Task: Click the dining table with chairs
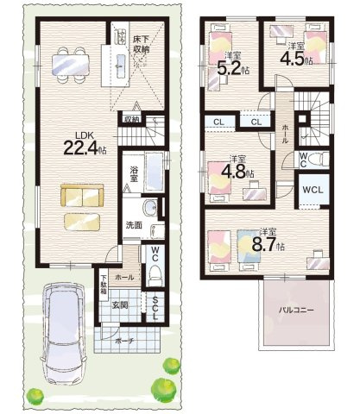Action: click(x=66, y=62)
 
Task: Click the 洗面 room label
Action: click(x=133, y=225)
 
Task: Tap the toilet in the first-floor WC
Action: click(x=155, y=273)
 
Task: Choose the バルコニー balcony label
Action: click(x=295, y=309)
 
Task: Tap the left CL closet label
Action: click(x=218, y=122)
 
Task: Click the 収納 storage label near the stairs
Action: click(x=131, y=119)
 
